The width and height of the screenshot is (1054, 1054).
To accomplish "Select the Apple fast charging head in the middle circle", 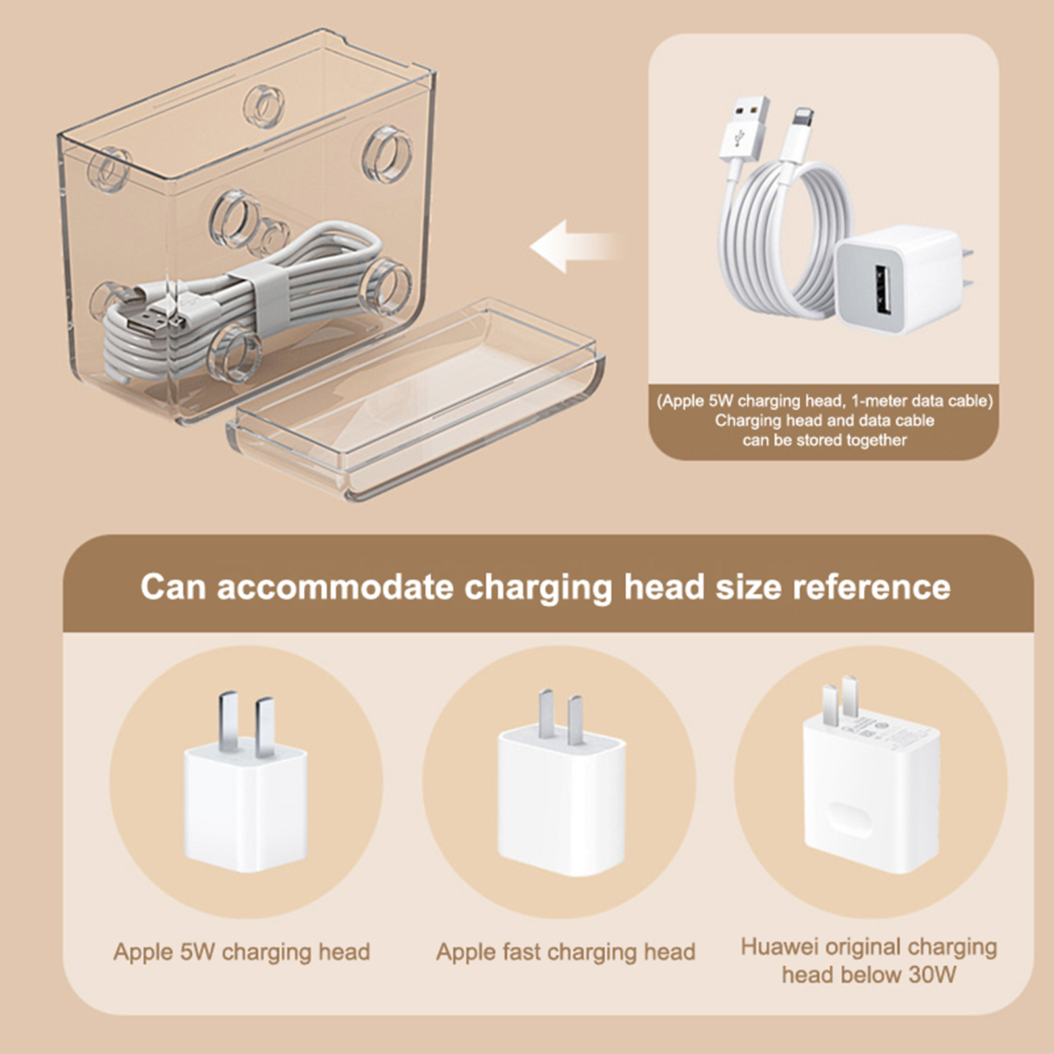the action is click(561, 783).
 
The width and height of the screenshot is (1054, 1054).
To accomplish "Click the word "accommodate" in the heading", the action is click(335, 586).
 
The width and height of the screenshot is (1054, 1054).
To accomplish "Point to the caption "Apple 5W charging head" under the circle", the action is click(242, 952).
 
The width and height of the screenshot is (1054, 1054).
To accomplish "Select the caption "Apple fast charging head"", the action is click(566, 952).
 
